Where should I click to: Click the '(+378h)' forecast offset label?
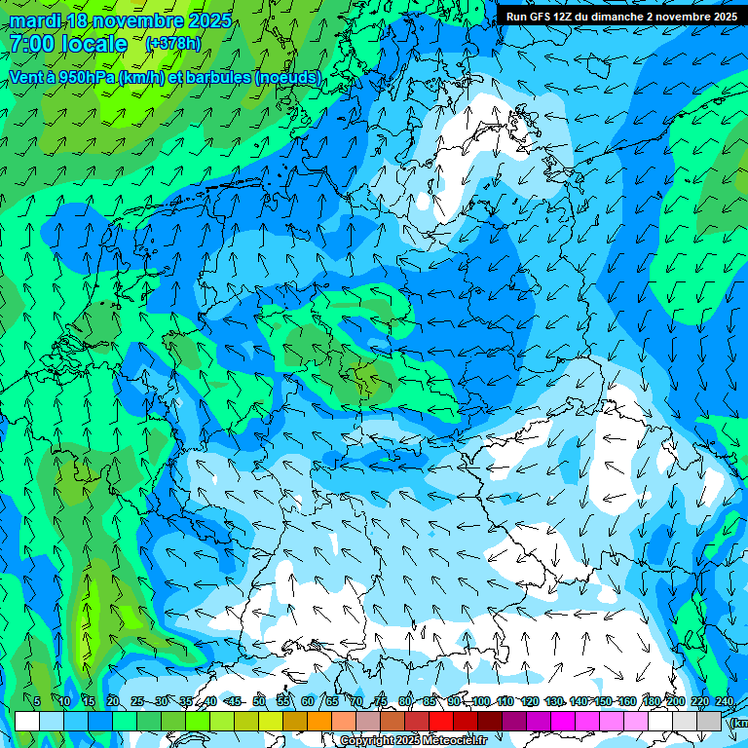click(173, 44)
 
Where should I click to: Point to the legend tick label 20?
click(112, 701)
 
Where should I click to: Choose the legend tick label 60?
click(308, 701)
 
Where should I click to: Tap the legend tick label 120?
click(530, 701)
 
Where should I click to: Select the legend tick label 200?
click(676, 701)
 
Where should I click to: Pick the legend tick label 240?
click(725, 701)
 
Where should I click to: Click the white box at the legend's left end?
click(26, 721)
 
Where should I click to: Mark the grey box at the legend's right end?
click(709, 721)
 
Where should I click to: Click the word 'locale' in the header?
click(93, 44)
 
